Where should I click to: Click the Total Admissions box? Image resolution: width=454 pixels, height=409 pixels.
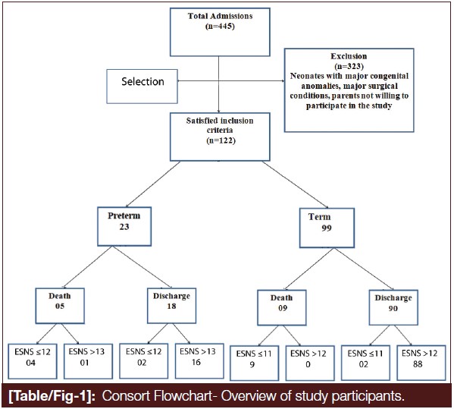(x=220, y=32)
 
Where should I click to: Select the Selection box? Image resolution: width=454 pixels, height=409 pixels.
(x=142, y=87)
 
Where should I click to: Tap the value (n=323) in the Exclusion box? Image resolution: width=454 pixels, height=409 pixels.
(x=349, y=66)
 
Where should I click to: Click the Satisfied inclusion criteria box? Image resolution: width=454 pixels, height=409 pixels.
(x=220, y=137)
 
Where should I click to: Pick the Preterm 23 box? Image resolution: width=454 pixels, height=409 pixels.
(x=124, y=226)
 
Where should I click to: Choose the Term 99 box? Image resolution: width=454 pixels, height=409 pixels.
(x=327, y=228)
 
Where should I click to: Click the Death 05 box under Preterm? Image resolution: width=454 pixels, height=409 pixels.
(x=60, y=306)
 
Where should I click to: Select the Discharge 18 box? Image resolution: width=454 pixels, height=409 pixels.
(x=172, y=306)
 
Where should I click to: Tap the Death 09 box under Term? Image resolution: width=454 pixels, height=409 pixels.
(x=282, y=307)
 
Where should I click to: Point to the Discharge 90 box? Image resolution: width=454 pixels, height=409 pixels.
(x=393, y=307)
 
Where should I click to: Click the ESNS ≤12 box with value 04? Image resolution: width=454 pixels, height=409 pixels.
(x=33, y=361)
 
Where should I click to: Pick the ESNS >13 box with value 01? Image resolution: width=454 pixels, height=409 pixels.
(x=88, y=361)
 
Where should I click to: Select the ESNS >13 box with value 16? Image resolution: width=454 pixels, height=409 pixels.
(x=199, y=361)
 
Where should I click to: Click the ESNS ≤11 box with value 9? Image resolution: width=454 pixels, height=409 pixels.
(x=255, y=363)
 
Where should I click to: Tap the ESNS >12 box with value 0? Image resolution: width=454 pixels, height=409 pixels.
(x=310, y=363)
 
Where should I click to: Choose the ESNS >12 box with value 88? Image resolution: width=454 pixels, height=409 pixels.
(x=421, y=363)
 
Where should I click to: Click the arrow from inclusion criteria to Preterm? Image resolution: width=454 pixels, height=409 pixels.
(x=153, y=184)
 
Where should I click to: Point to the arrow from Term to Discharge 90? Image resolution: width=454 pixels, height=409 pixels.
(x=364, y=269)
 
